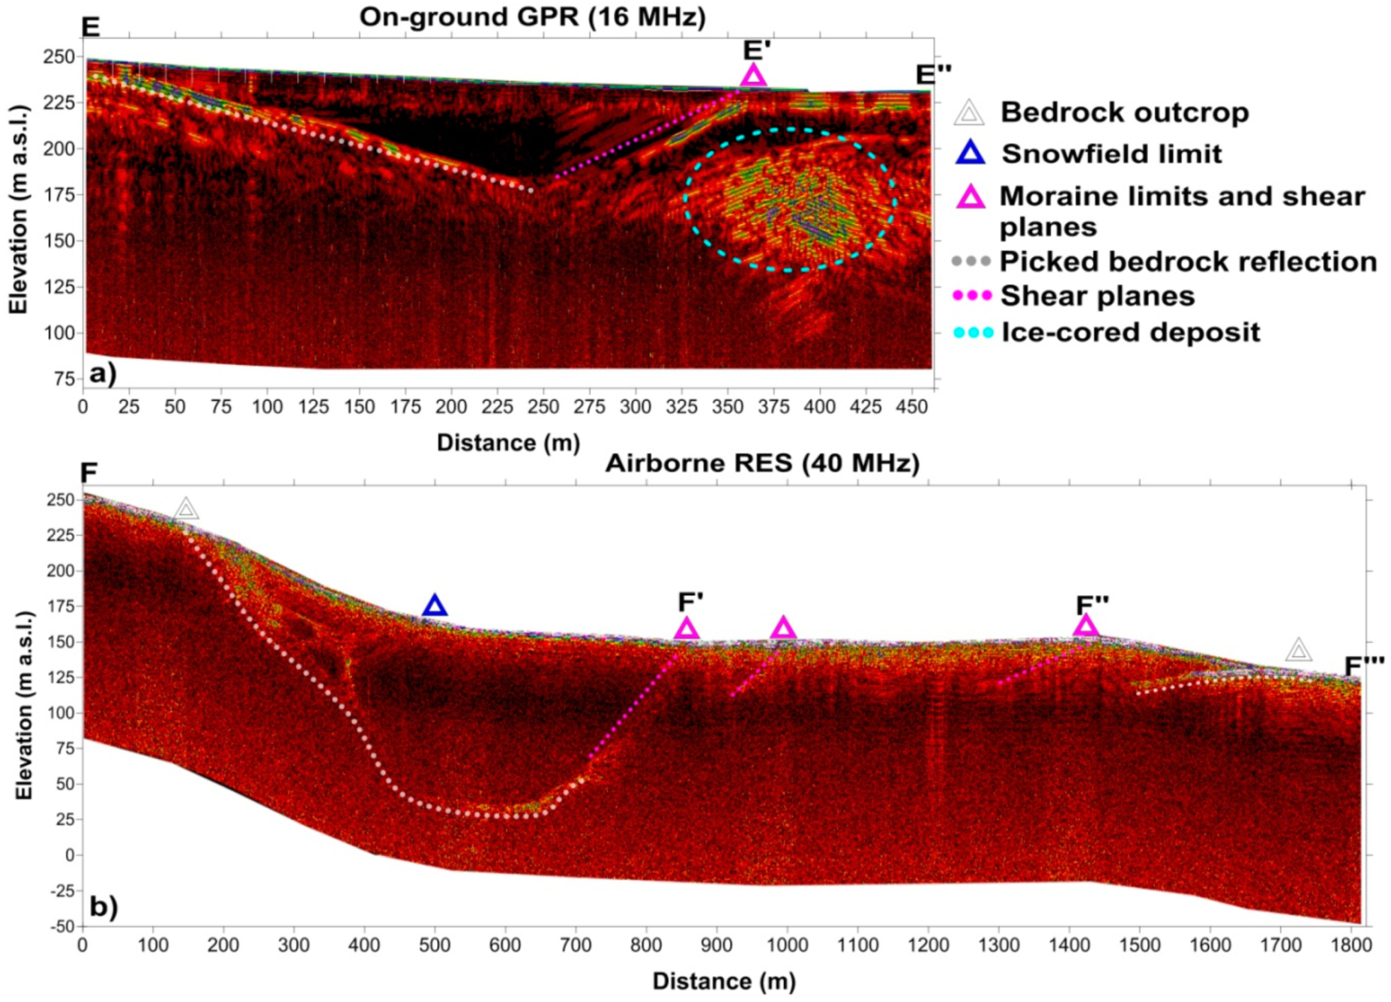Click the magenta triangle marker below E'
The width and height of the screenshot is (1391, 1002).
pos(753,76)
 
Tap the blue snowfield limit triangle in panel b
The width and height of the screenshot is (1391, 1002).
pos(435,606)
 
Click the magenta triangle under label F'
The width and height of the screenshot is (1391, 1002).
pos(687,629)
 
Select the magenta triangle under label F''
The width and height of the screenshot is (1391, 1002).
pos(1086,626)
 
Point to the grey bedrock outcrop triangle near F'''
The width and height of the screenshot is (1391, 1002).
pos(1299,651)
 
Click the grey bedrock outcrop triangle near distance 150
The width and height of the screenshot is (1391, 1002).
pos(187,510)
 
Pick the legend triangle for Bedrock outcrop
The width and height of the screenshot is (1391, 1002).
pos(968,113)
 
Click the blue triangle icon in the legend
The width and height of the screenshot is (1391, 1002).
pos(971,154)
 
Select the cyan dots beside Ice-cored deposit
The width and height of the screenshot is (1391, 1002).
pos(973,333)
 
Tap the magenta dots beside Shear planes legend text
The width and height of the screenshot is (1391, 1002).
pos(972,296)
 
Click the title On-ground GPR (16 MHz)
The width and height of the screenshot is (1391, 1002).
pos(532,16)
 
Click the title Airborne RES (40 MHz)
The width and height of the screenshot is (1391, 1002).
pos(762,463)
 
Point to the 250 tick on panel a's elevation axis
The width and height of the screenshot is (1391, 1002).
pos(59,57)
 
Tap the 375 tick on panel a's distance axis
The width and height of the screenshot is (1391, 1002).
pos(773,407)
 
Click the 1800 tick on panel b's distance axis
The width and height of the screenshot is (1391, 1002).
pos(1351,946)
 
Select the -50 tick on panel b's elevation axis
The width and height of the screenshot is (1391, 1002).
pos(61,926)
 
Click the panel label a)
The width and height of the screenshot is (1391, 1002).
pos(103,372)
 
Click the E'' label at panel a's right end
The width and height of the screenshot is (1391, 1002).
pos(933,74)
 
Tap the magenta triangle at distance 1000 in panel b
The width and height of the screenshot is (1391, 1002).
pos(783,628)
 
